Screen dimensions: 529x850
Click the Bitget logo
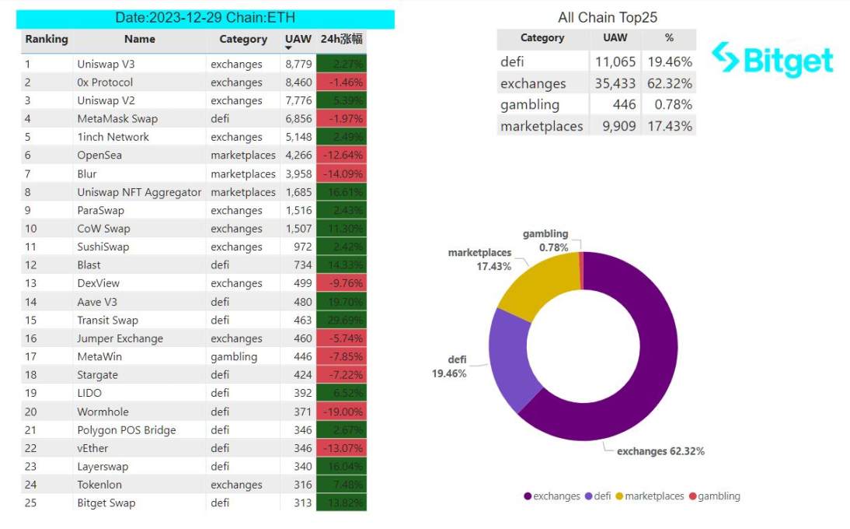pos(772,59)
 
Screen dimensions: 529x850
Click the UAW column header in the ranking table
pos(298,39)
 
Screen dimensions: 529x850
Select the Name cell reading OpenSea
pos(99,155)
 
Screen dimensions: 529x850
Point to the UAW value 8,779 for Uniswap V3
pos(298,64)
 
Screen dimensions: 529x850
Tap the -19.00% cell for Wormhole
pos(341,412)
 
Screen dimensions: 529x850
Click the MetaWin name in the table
pos(99,356)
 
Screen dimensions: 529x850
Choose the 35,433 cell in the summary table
pos(615,83)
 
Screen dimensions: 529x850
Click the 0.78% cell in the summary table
pos(668,104)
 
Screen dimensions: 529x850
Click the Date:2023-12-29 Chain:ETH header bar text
pos(205,17)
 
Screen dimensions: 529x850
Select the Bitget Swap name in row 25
pos(106,503)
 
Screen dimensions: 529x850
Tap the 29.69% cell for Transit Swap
pos(341,320)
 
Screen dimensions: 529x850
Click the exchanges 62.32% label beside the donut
pos(660,451)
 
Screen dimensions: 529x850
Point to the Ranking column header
pos(47,39)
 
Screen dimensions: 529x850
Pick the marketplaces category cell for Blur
pos(242,173)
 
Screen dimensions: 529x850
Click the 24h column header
pos(341,39)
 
